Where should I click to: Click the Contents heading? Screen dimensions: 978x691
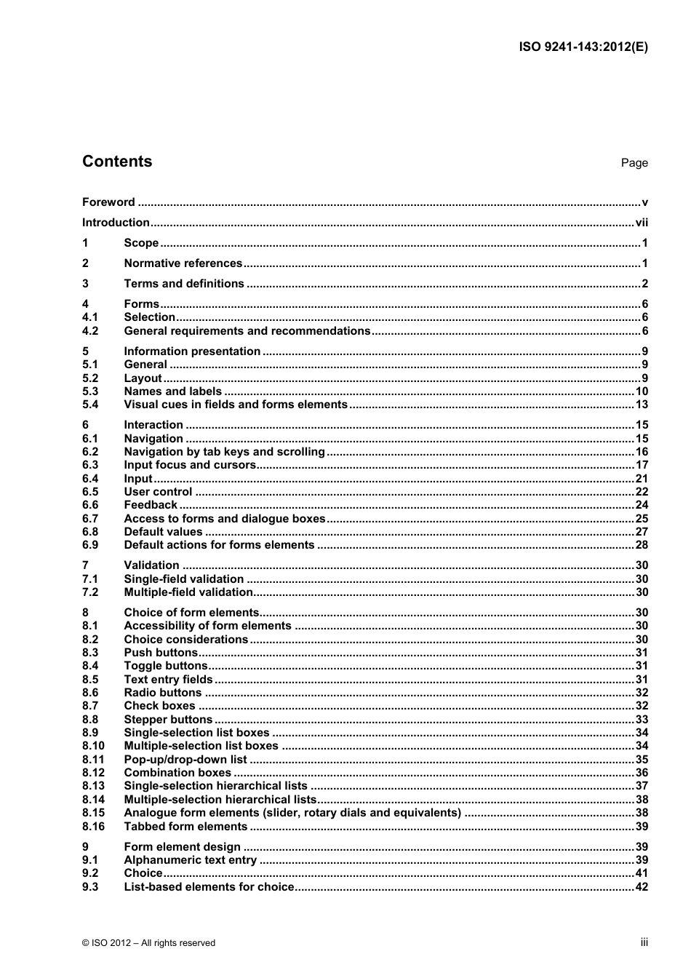[x=117, y=162]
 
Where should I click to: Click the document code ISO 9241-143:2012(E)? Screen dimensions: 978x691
[x=583, y=47]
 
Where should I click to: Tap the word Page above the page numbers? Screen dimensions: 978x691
[x=634, y=163]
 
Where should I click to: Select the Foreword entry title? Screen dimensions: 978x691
[x=108, y=202]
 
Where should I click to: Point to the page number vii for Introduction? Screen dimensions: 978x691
[x=642, y=223]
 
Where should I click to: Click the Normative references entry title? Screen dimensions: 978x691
[x=183, y=263]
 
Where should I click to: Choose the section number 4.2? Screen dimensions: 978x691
[x=90, y=331]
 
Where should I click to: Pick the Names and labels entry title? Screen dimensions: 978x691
[x=172, y=391]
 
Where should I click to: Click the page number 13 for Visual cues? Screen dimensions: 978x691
[x=642, y=405]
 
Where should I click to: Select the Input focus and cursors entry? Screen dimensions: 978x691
[x=190, y=465]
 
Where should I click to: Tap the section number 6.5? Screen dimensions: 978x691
[x=90, y=492]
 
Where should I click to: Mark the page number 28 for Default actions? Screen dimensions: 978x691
[x=642, y=545]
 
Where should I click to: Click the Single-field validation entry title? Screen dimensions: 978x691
[x=184, y=579]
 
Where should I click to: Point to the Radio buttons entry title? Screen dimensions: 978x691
[x=162, y=693]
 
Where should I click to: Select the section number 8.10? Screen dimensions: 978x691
[x=93, y=746]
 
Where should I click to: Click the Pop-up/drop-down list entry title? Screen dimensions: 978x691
[x=185, y=760]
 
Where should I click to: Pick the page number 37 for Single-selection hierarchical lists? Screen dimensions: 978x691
[x=642, y=786]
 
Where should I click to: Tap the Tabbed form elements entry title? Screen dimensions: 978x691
[x=185, y=827]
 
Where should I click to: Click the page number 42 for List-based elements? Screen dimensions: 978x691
[x=642, y=887]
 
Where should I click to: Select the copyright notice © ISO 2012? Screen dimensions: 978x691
[x=148, y=943]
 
